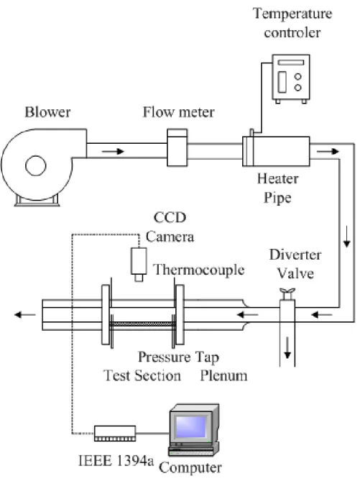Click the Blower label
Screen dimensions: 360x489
coord(47,112)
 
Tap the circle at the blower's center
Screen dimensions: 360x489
coord(35,165)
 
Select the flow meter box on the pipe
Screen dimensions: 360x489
coord(177,147)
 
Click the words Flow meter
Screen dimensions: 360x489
coord(178,112)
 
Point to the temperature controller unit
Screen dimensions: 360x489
coord(291,78)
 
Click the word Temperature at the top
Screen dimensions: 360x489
coord(292,14)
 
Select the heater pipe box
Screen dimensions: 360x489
coord(276,151)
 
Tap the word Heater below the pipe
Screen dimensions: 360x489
coord(277,178)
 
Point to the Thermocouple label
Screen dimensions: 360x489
coord(199,270)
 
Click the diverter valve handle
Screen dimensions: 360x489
coord(287,293)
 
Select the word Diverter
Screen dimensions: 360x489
coord(295,255)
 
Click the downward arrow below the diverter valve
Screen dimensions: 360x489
coord(287,348)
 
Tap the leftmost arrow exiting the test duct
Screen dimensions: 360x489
coord(25,314)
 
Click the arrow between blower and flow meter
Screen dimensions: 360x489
coord(113,151)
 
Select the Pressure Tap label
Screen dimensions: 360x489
coord(178,357)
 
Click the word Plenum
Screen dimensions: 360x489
coord(223,375)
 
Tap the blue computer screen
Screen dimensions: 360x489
coord(191,426)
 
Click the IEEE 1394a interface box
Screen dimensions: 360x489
coord(115,433)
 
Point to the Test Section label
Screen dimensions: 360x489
coord(142,375)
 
